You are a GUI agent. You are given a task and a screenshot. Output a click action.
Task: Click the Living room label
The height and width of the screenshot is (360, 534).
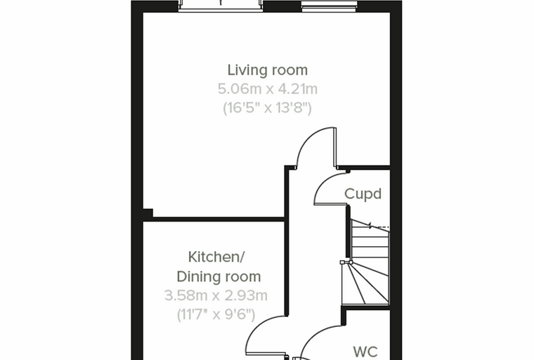point(267,70)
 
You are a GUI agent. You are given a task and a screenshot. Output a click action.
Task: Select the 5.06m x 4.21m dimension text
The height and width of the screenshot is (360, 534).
point(267,89)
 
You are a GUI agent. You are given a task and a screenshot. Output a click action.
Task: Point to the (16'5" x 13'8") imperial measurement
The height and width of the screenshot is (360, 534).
point(267,108)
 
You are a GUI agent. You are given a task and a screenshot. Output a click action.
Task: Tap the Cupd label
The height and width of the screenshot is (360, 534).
point(363,194)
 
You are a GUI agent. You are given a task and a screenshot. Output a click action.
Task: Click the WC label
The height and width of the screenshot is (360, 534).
point(365,352)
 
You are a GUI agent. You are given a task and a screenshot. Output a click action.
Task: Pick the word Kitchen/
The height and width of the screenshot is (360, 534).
point(216,257)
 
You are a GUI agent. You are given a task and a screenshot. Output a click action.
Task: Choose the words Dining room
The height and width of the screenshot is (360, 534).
point(219,276)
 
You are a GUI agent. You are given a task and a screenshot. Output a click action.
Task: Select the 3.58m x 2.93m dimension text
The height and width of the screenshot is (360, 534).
point(216,295)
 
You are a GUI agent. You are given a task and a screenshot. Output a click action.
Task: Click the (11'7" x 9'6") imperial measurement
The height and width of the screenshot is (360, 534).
point(216,314)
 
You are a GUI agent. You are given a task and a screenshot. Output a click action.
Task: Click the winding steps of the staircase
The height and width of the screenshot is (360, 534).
point(365,283)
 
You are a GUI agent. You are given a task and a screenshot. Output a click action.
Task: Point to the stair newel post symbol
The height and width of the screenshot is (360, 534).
point(346,262)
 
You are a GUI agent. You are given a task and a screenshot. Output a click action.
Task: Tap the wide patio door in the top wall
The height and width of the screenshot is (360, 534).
point(221,6)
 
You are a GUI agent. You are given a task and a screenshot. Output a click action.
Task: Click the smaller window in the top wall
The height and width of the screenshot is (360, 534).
point(329,6)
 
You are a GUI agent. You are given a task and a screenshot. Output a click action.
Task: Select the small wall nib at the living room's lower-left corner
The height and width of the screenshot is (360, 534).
point(148,213)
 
